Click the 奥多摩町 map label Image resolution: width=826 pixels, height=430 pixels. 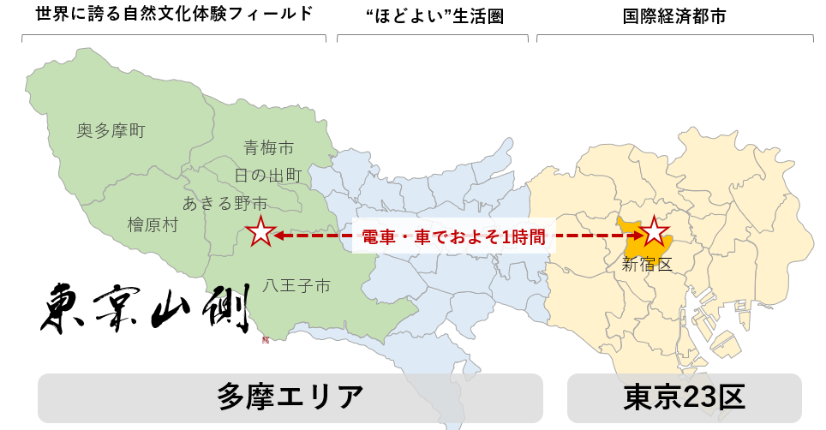[111, 131]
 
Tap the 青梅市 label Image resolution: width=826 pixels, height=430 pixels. [268, 148]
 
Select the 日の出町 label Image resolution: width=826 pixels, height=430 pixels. [267, 176]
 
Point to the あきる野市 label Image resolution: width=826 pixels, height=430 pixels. [224, 203]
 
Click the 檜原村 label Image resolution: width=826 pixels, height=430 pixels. [153, 225]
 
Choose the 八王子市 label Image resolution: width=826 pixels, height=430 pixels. [296, 286]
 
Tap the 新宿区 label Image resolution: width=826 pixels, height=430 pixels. [647, 265]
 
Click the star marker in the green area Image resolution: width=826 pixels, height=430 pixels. [260, 232]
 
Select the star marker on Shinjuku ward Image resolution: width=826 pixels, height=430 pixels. [655, 231]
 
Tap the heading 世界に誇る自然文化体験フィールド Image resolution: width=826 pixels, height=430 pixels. [174, 15]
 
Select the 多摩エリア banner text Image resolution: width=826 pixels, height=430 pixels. [290, 397]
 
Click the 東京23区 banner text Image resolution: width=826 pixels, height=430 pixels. [684, 397]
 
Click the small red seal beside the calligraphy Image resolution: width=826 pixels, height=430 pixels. [265, 339]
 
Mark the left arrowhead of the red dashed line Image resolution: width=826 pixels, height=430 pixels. [279, 234]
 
